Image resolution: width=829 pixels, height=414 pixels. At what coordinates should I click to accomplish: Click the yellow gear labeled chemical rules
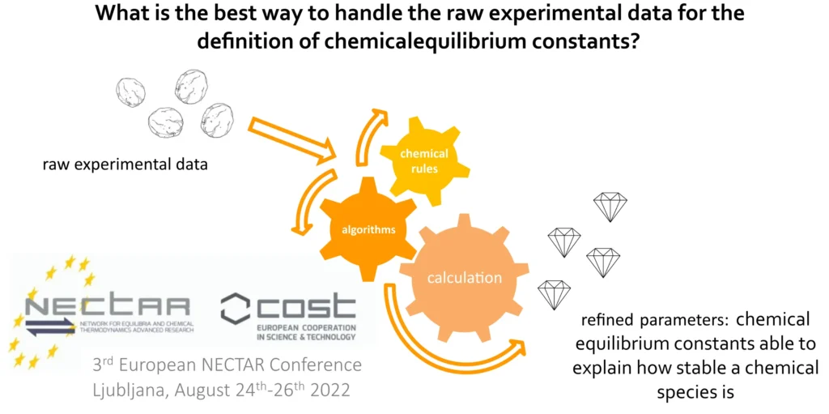[x=424, y=161]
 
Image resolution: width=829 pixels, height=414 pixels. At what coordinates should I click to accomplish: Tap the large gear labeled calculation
[x=464, y=277]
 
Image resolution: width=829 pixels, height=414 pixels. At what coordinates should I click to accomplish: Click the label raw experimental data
[x=125, y=164]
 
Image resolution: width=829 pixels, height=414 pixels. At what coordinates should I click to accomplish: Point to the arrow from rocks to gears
[x=293, y=139]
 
